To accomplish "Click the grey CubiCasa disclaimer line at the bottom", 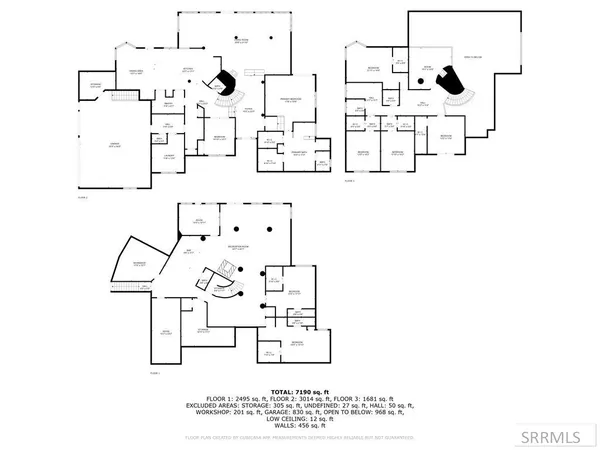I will click(x=298, y=438).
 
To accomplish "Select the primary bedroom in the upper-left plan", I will click(x=286, y=101).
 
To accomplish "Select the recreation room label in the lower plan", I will click(x=238, y=245).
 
